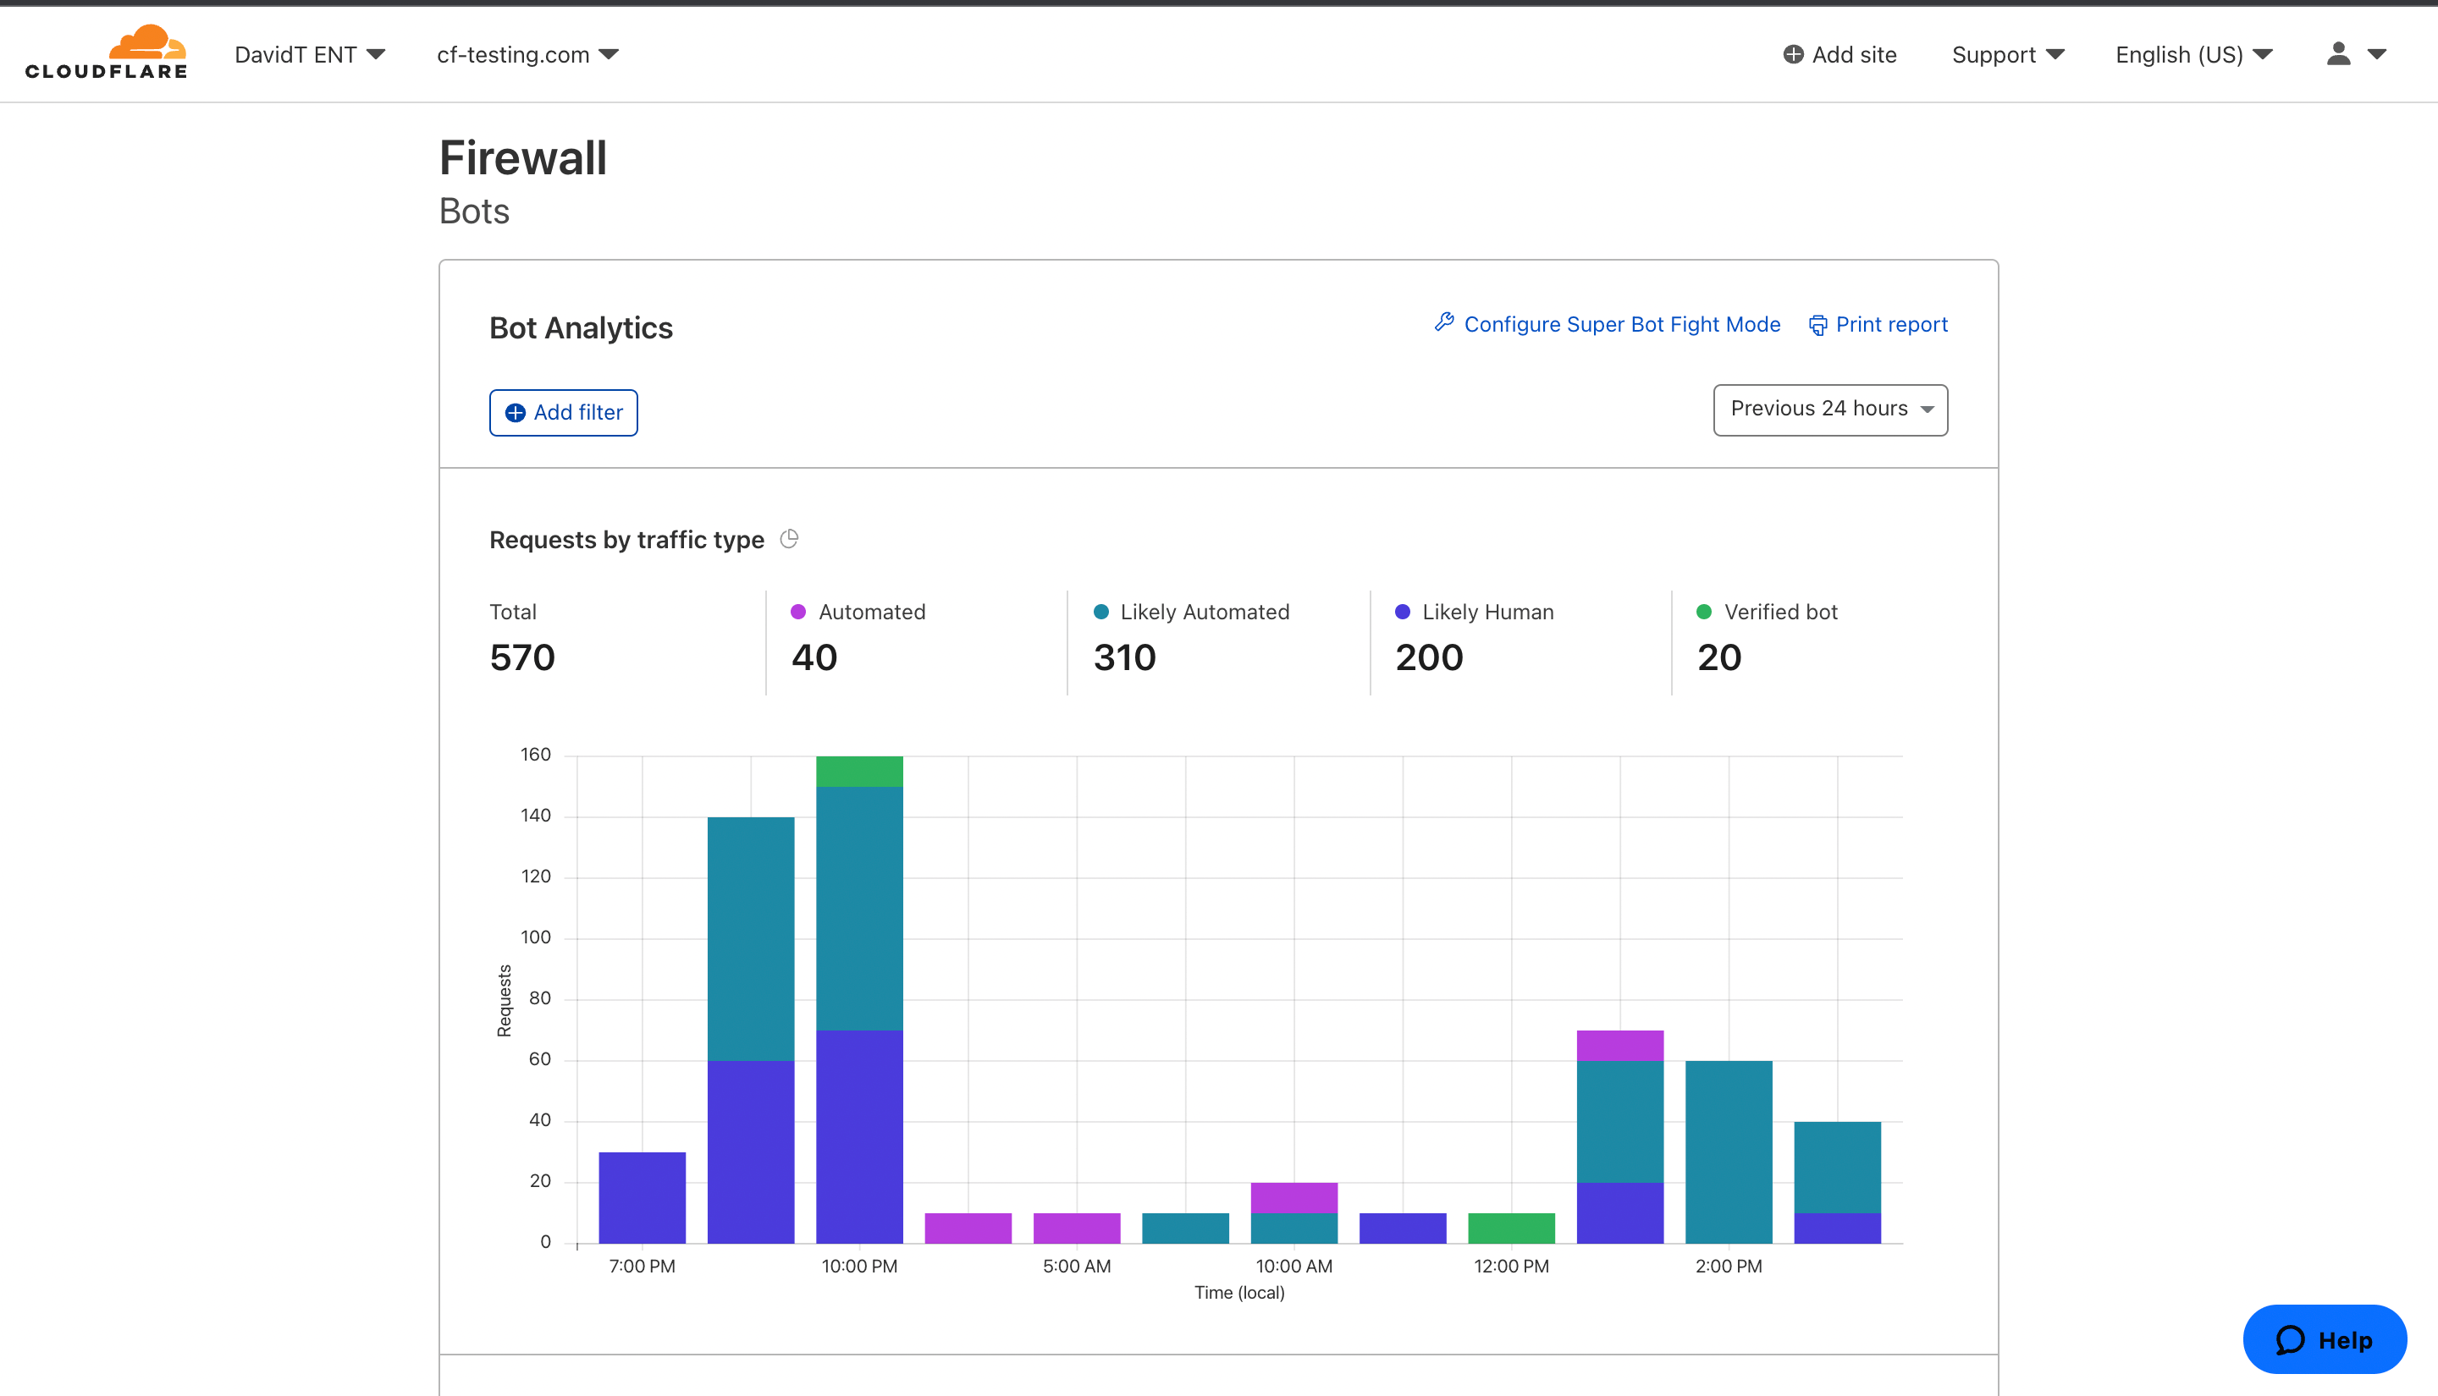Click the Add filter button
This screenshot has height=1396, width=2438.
(563, 412)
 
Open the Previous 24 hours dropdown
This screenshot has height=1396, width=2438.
(1829, 409)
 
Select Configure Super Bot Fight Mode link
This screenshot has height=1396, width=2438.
(1608, 325)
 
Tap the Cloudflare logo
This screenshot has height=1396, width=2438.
(107, 52)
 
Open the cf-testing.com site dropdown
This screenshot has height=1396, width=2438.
(527, 55)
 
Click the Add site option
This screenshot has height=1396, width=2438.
(1839, 55)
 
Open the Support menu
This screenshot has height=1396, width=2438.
(2007, 55)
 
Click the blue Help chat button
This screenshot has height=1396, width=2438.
(2324, 1338)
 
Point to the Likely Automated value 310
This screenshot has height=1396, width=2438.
(1124, 657)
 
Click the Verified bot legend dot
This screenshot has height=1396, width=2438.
(1703, 612)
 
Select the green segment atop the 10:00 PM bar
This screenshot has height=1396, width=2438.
(858, 771)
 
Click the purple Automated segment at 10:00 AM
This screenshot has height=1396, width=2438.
(1293, 1196)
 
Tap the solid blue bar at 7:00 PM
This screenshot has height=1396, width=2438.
(642, 1196)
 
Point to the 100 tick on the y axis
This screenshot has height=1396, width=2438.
(535, 937)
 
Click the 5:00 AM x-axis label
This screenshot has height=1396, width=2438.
(1076, 1266)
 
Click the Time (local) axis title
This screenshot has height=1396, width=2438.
(1238, 1293)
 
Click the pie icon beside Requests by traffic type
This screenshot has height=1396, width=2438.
(788, 539)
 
